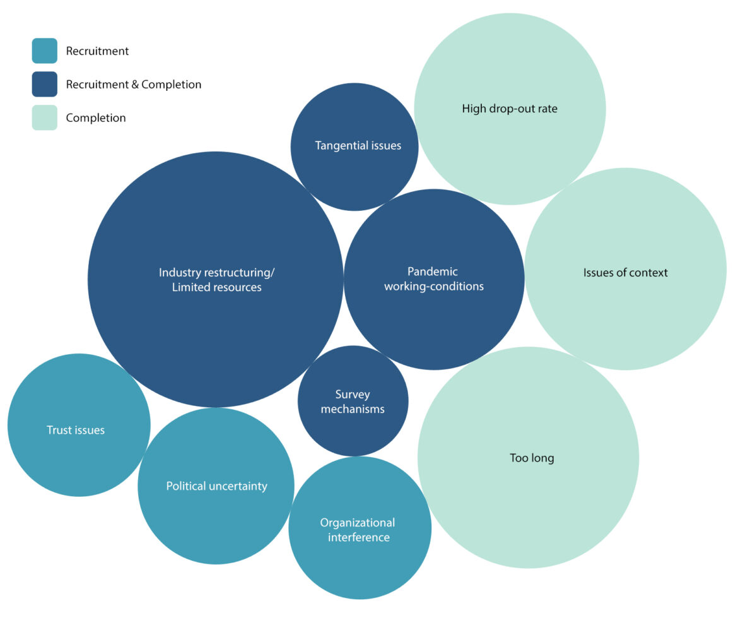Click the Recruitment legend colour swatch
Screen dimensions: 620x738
[x=44, y=51]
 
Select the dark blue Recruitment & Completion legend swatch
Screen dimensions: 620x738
[x=44, y=84]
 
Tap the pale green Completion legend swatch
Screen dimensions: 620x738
[x=44, y=117]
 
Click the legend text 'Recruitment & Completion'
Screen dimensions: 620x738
[x=134, y=85]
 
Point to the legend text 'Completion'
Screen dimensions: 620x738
[x=96, y=118]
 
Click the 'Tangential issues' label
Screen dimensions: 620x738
[x=358, y=146]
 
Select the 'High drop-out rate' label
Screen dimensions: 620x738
[x=510, y=109]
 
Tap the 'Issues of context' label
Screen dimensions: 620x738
[x=625, y=273]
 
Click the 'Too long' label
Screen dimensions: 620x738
[x=532, y=458]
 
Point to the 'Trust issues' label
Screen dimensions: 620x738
[x=76, y=431]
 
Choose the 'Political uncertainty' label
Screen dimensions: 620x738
[x=216, y=486]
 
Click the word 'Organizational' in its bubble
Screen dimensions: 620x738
[x=358, y=523]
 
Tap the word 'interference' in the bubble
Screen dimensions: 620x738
[x=358, y=538]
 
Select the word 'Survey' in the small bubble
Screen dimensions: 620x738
[x=353, y=395]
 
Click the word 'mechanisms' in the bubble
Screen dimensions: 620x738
[x=353, y=409]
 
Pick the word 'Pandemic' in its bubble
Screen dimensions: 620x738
[x=433, y=271]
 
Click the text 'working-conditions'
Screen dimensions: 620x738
[x=434, y=287]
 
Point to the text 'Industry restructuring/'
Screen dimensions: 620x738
[x=217, y=273]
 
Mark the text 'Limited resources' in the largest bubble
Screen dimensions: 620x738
[x=217, y=288]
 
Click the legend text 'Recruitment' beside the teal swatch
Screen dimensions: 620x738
[x=97, y=51]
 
